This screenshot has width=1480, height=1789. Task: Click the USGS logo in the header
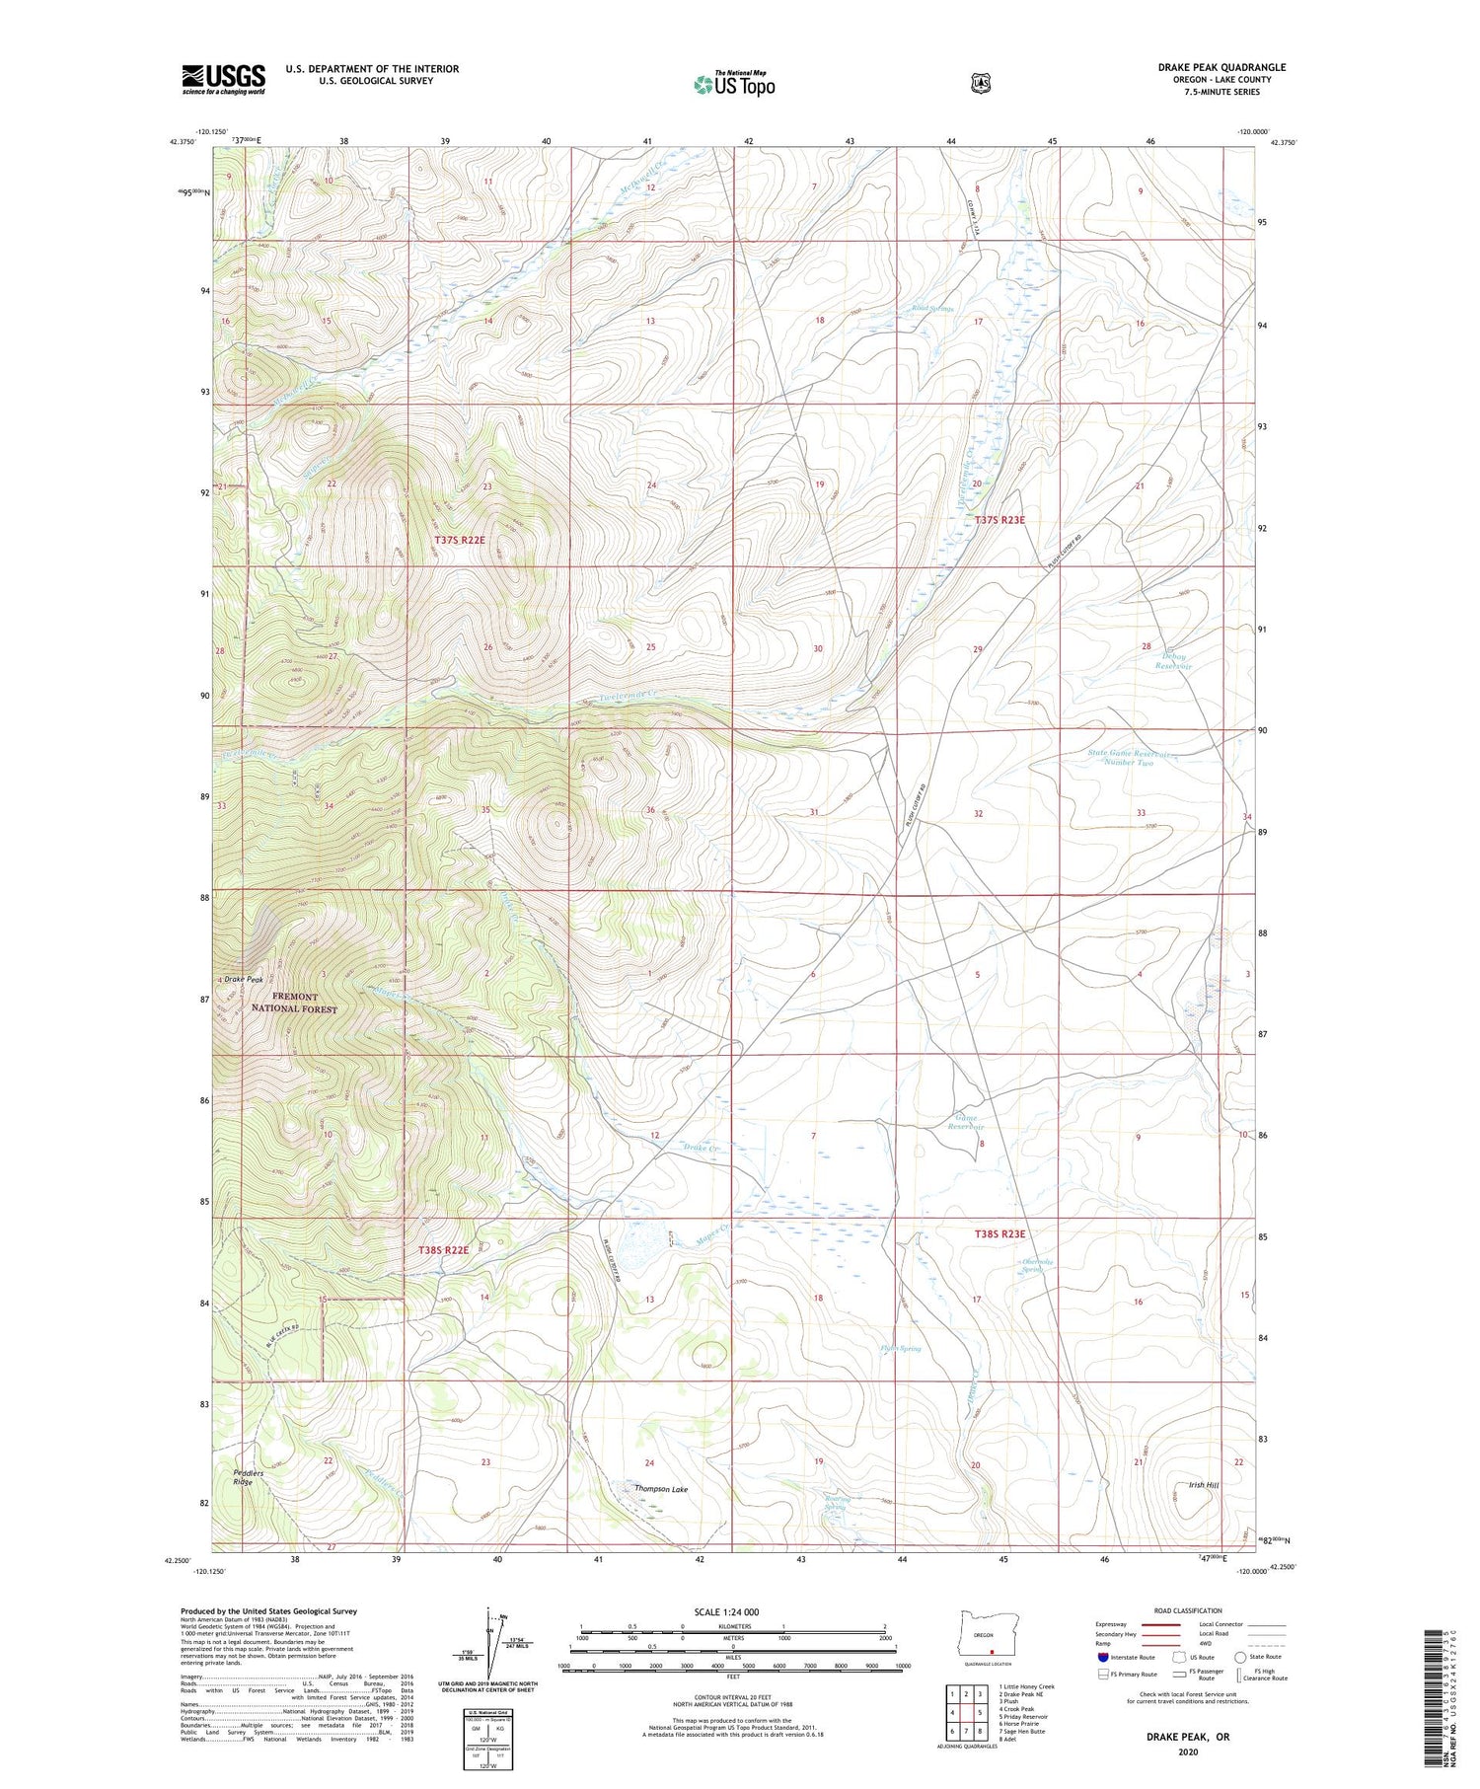(x=223, y=79)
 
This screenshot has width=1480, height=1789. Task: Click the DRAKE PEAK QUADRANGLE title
(x=1221, y=67)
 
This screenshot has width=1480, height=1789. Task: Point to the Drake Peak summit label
(x=243, y=979)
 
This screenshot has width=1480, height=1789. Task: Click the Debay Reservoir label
(x=1173, y=661)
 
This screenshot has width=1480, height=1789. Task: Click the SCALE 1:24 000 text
(x=726, y=1611)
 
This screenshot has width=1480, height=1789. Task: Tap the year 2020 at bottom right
(x=1188, y=1752)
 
